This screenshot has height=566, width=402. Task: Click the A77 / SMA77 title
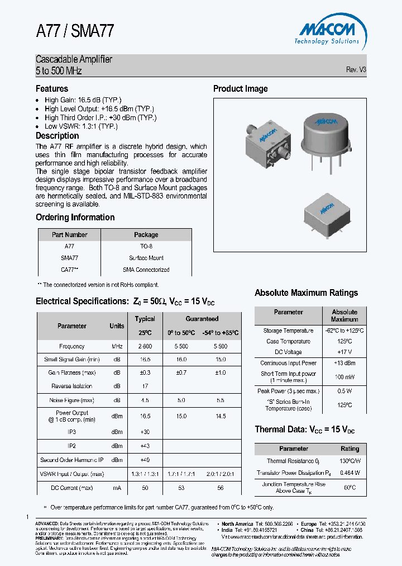(x=75, y=31)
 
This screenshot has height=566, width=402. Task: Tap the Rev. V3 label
(x=356, y=70)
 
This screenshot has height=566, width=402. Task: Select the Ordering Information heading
(x=75, y=218)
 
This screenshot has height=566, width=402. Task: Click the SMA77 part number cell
(x=69, y=258)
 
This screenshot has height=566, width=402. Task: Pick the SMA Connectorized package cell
(x=146, y=270)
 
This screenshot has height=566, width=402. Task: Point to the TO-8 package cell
(x=146, y=246)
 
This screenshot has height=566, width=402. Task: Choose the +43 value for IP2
(x=145, y=446)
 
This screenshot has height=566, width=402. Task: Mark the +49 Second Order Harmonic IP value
(x=145, y=460)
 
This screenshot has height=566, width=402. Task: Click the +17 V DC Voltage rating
(x=344, y=352)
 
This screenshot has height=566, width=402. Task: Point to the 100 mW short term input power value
(x=344, y=377)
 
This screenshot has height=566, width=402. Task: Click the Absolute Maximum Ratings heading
(x=306, y=293)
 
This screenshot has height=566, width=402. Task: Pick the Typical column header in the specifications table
(x=145, y=319)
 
